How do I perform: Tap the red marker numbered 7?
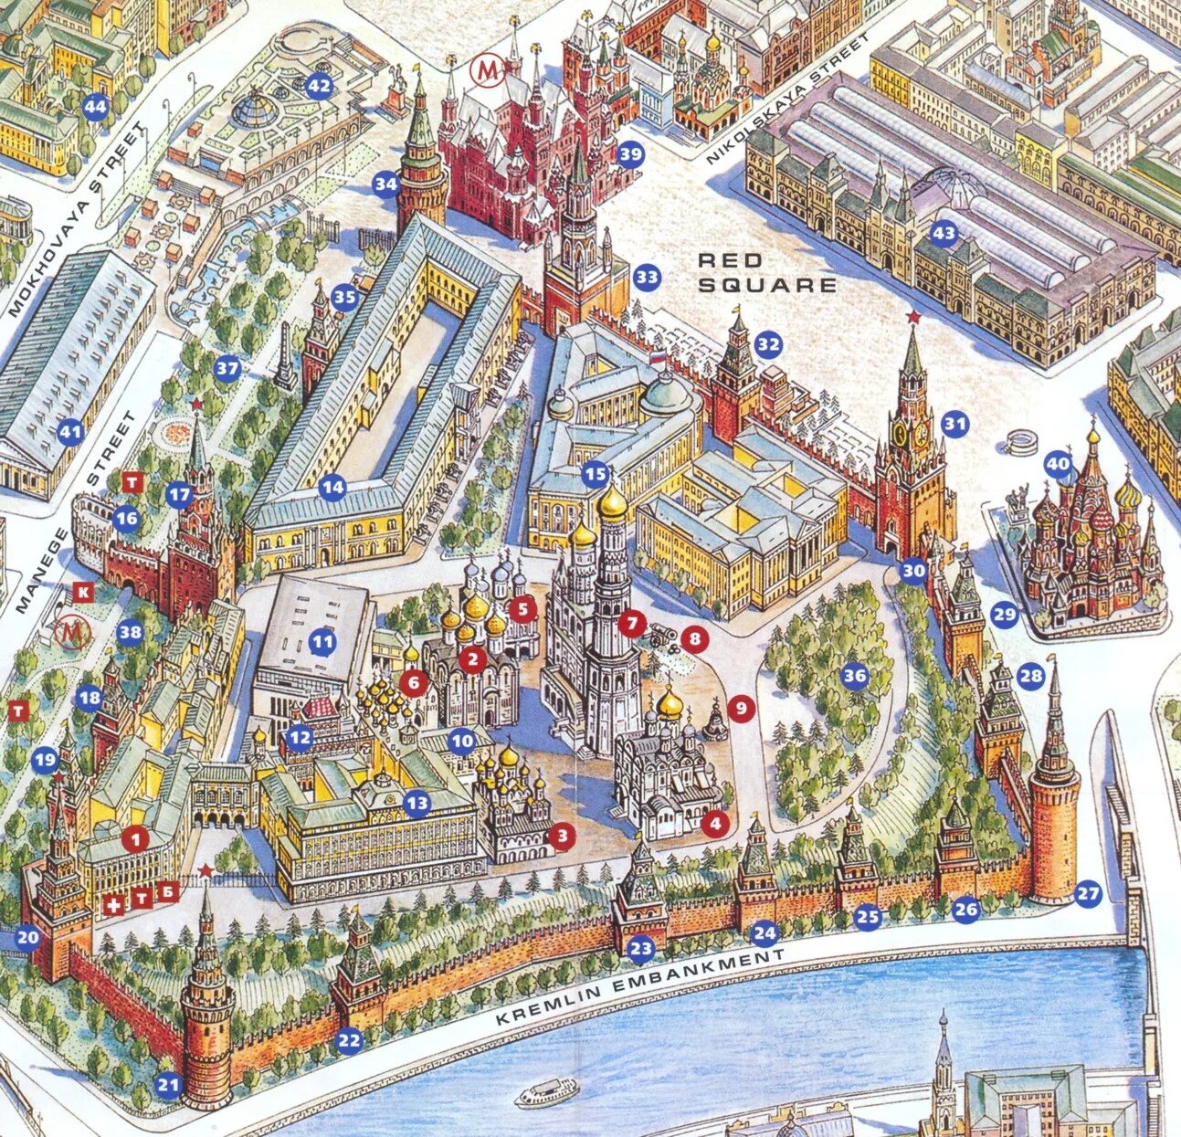pyautogui.click(x=630, y=623)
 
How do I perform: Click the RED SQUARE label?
pyautogui.click(x=766, y=272)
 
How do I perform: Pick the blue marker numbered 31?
pyautogui.click(x=954, y=424)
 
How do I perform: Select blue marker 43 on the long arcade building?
pyautogui.click(x=944, y=234)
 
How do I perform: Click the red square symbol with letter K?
pyautogui.click(x=83, y=592)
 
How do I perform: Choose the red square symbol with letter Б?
pyautogui.click(x=167, y=892)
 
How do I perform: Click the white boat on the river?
pyautogui.click(x=546, y=1091)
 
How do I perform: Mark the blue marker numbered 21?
pyautogui.click(x=168, y=1084)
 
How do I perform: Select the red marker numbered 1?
pyautogui.click(x=135, y=837)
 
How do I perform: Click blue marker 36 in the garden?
pyautogui.click(x=854, y=676)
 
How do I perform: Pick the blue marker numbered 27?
pyautogui.click(x=1088, y=893)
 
